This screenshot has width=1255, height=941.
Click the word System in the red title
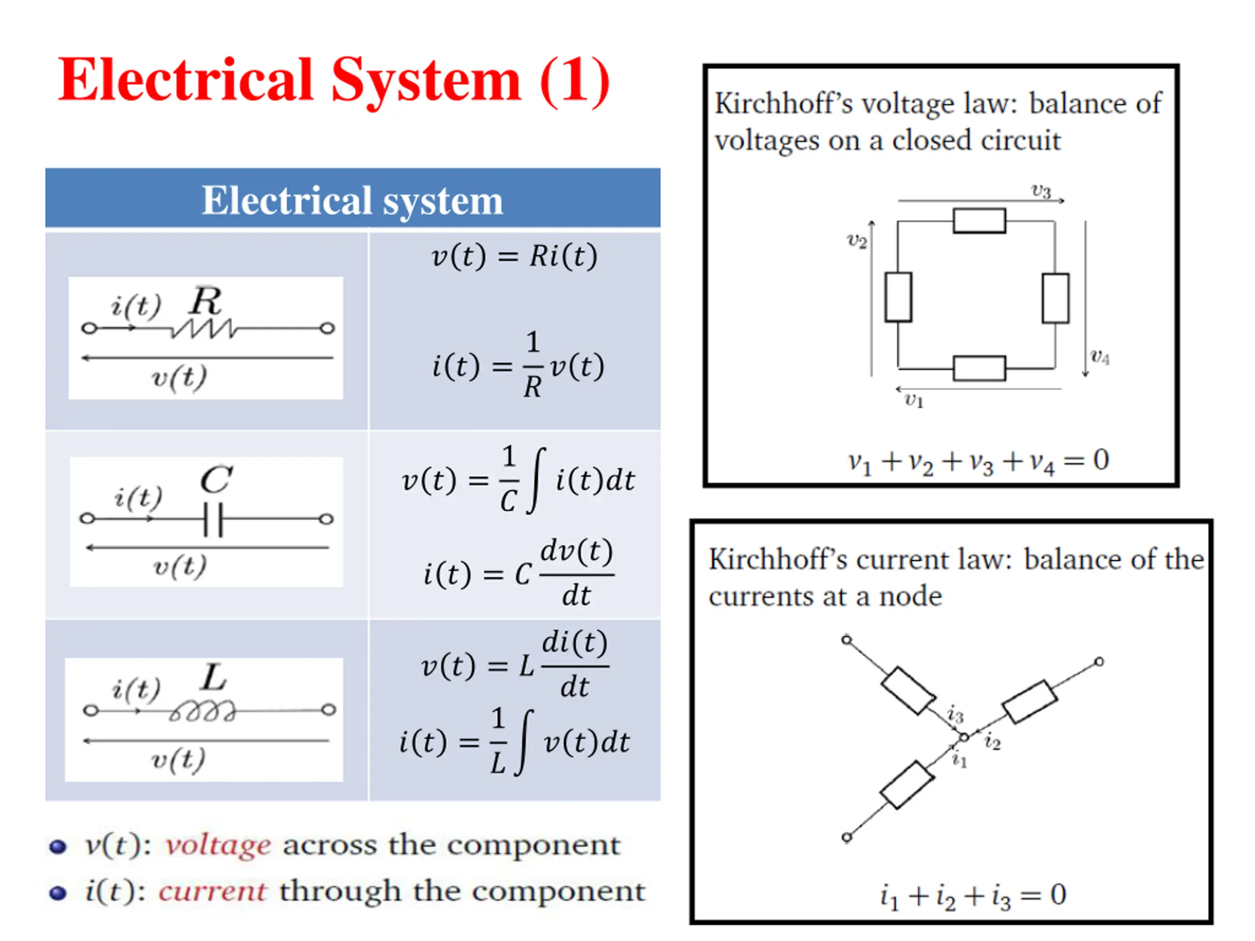pyautogui.click(x=426, y=81)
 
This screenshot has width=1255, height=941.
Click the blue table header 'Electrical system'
pyautogui.click(x=352, y=200)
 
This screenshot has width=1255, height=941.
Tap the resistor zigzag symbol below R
pyautogui.click(x=204, y=329)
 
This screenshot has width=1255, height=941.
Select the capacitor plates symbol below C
pyautogui.click(x=213, y=519)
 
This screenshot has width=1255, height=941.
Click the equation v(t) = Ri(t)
pyautogui.click(x=515, y=256)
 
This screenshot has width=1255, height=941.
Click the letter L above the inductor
pyautogui.click(x=214, y=677)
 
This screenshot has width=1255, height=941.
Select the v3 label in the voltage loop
pyautogui.click(x=1041, y=191)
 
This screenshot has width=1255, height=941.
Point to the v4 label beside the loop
pyautogui.click(x=1100, y=357)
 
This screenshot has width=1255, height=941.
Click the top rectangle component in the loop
pyautogui.click(x=979, y=221)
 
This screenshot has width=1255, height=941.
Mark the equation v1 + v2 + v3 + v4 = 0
pyautogui.click(x=978, y=461)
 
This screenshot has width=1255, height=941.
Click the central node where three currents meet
pyautogui.click(x=964, y=738)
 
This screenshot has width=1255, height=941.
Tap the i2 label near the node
pyautogui.click(x=992, y=742)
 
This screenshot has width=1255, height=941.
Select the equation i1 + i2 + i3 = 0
pyautogui.click(x=973, y=895)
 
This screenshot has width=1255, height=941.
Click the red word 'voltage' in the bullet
pyautogui.click(x=218, y=846)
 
